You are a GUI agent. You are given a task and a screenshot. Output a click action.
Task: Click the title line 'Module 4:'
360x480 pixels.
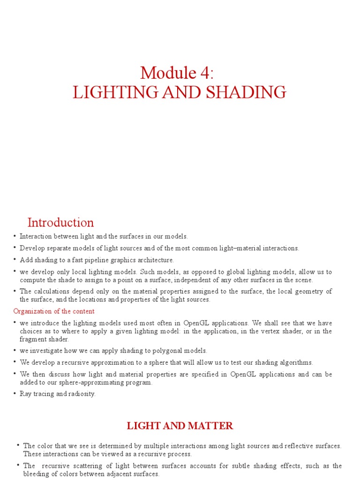point(180,73)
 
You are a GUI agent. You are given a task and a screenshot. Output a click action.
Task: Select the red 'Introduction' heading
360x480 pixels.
point(60,222)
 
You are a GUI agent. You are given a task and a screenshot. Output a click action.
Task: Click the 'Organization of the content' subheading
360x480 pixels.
point(54,311)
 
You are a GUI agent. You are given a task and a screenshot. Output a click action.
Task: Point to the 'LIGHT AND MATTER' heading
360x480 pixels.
point(180,426)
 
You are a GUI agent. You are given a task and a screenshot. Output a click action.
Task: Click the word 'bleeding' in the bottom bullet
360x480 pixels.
point(38,474)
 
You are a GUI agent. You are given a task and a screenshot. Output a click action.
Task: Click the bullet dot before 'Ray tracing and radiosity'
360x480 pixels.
point(15,393)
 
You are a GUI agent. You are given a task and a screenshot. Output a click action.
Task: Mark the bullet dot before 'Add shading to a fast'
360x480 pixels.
point(15,259)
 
